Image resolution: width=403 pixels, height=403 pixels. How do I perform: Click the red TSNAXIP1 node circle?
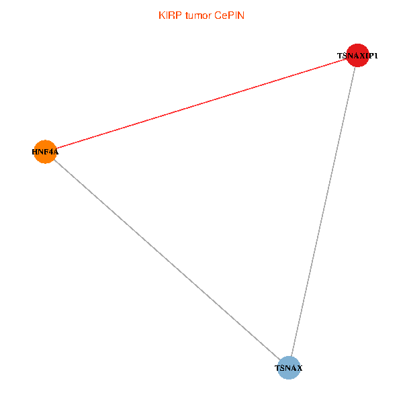pyautogui.click(x=357, y=55)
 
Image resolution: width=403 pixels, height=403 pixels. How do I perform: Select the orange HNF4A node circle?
pyautogui.click(x=45, y=152)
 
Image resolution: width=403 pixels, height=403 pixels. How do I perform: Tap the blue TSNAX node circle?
pyautogui.click(x=289, y=368)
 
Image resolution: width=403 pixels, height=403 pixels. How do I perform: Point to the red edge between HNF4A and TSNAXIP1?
pyautogui.click(x=201, y=103)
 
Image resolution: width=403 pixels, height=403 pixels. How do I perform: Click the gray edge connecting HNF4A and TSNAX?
pyautogui.click(x=167, y=259)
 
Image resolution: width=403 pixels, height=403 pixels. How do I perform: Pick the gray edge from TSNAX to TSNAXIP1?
pyautogui.click(x=323, y=212)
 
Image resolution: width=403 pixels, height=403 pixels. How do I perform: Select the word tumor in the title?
pyautogui.click(x=198, y=15)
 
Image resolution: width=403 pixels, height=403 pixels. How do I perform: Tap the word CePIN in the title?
pyautogui.click(x=229, y=15)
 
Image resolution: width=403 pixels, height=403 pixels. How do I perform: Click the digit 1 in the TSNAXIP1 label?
pyautogui.click(x=375, y=56)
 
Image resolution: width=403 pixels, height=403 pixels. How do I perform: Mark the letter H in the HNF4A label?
pyautogui.click(x=34, y=152)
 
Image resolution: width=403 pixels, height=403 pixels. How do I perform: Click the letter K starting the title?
pyautogui.click(x=162, y=15)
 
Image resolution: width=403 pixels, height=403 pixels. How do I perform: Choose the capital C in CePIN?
pyautogui.click(x=218, y=15)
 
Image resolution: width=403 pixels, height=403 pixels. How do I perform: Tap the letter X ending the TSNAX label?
pyautogui.click(x=300, y=368)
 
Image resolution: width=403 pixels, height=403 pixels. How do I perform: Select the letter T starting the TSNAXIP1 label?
pyautogui.click(x=340, y=56)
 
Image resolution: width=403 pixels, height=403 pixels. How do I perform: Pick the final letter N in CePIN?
pyautogui.click(x=241, y=15)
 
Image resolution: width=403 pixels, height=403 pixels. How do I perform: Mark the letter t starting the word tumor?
pyautogui.click(x=187, y=15)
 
